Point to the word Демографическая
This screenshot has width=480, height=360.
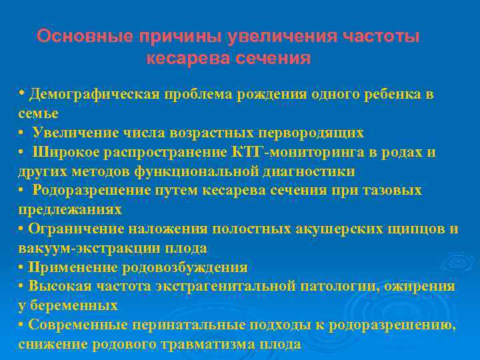93,94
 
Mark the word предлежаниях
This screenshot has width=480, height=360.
70,209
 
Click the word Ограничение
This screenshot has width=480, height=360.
71,229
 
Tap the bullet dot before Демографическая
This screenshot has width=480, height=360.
22,93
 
